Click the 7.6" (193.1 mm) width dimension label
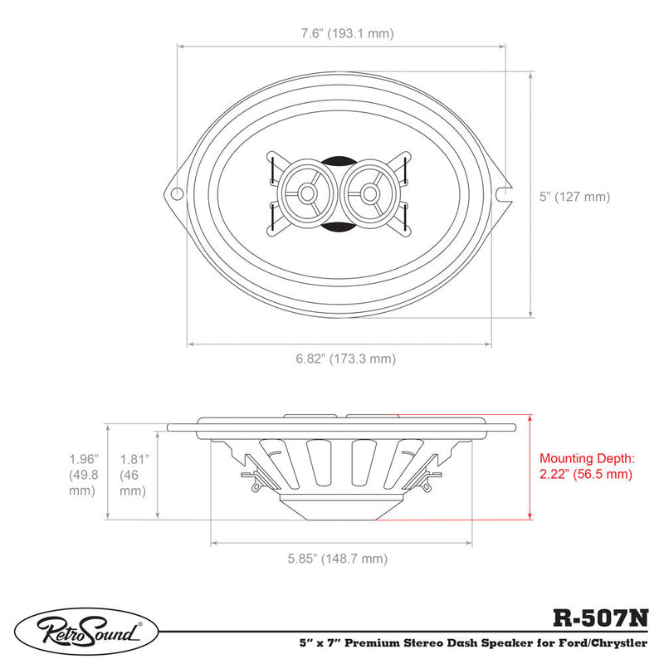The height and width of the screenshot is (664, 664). (x=347, y=33)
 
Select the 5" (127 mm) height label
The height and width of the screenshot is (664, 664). (x=574, y=197)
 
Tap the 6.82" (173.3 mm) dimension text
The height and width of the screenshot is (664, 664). (x=345, y=359)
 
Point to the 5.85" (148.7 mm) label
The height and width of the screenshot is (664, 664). (x=338, y=559)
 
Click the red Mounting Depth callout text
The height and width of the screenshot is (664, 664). (x=587, y=466)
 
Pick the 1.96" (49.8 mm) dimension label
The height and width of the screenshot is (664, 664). (x=84, y=475)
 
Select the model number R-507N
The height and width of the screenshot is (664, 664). (x=600, y=618)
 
